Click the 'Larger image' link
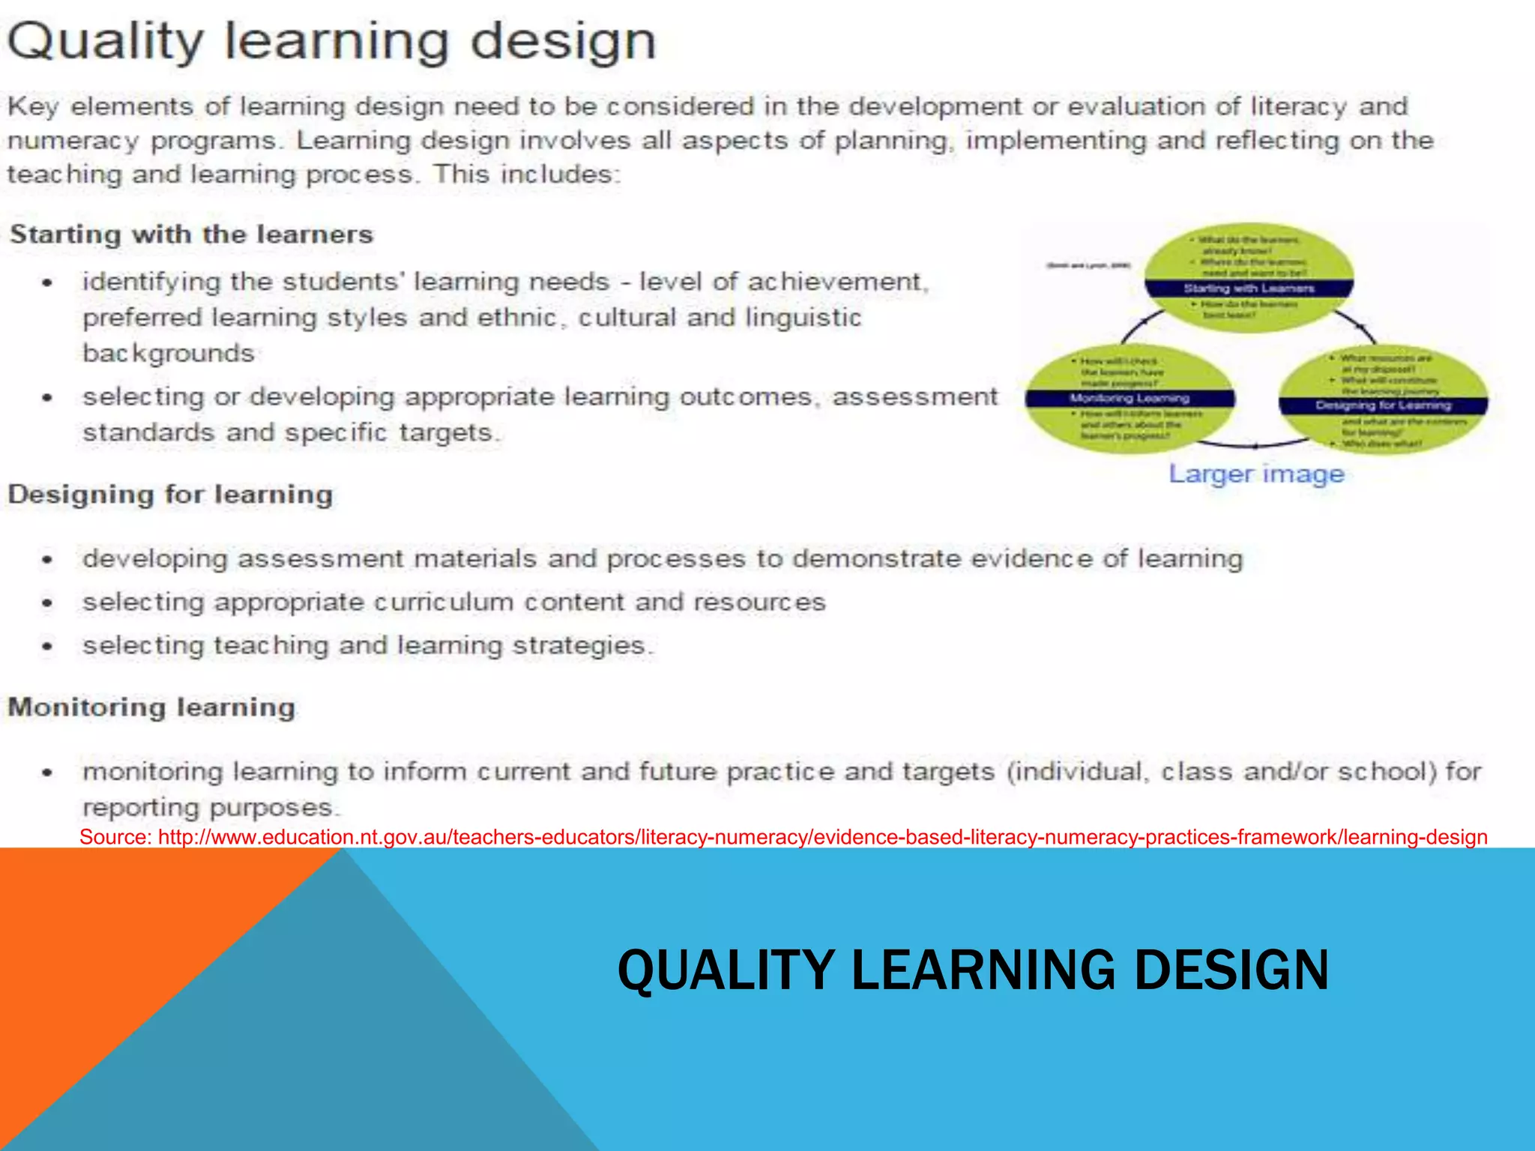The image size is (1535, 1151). pyautogui.click(x=1256, y=474)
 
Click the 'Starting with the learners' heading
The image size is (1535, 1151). pyautogui.click(x=191, y=235)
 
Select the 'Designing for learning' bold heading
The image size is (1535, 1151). pyautogui.click(x=170, y=495)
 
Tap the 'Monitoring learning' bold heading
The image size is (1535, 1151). pyautogui.click(x=151, y=707)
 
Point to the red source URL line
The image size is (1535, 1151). pyautogui.click(x=783, y=837)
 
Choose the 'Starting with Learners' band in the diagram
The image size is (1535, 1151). pyautogui.click(x=1249, y=288)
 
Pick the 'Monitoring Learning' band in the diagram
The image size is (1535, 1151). pyautogui.click(x=1130, y=399)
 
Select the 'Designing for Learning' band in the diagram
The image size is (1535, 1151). pyautogui.click(x=1384, y=405)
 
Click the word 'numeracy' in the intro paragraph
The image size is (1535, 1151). pyautogui.click(x=73, y=142)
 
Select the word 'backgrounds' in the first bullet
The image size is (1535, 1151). pyautogui.click(x=169, y=353)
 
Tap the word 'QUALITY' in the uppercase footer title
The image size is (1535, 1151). pyautogui.click(x=726, y=970)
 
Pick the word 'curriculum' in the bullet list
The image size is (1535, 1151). pyautogui.click(x=443, y=602)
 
